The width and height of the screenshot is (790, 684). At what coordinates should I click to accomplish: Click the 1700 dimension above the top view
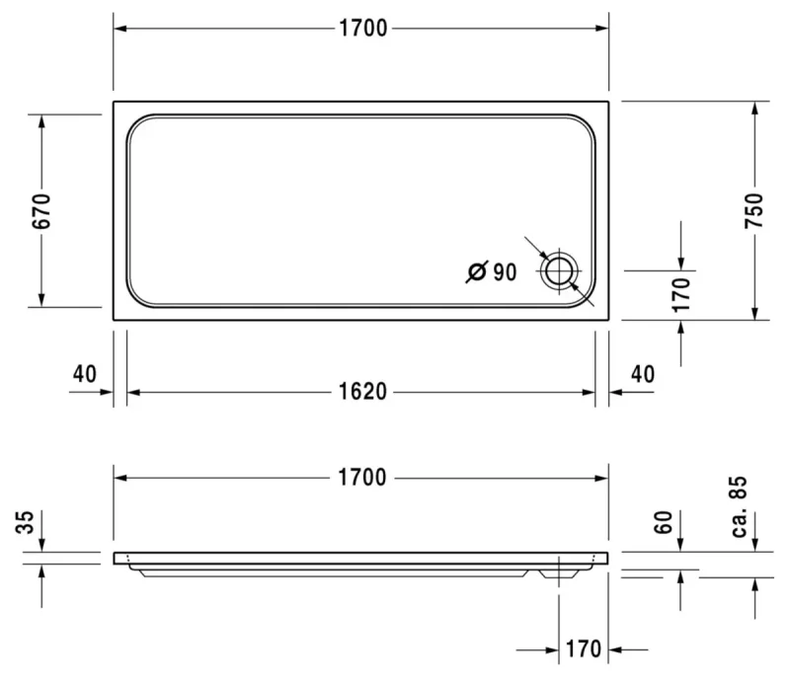pyautogui.click(x=362, y=29)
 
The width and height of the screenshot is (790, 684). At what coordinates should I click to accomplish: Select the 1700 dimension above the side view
pyautogui.click(x=362, y=478)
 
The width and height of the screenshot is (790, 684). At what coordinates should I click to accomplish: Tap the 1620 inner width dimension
pyautogui.click(x=362, y=392)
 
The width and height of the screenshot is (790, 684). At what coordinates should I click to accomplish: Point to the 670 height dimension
pyautogui.click(x=41, y=210)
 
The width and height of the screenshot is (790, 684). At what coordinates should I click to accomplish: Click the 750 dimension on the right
pyautogui.click(x=754, y=210)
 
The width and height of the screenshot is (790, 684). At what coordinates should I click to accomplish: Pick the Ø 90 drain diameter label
pyautogui.click(x=491, y=272)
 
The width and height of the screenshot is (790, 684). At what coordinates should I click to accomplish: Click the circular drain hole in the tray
pyautogui.click(x=559, y=272)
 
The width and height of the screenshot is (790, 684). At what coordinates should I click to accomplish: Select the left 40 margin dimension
pyautogui.click(x=84, y=374)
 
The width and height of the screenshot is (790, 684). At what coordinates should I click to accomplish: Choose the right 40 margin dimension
pyautogui.click(x=643, y=374)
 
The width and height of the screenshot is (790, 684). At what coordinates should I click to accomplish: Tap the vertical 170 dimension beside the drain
pyautogui.click(x=681, y=294)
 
